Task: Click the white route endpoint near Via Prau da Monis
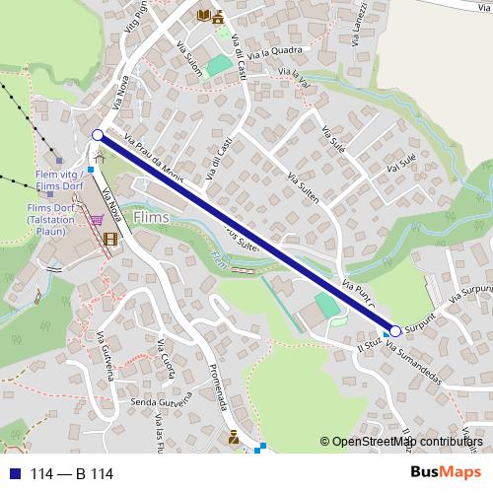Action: [x=98, y=135]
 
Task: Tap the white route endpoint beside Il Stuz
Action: [x=395, y=331]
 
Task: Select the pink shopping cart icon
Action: [x=97, y=220]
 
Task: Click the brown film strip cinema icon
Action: [x=109, y=239]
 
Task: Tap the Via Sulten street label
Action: [x=303, y=184]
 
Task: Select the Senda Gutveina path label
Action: [x=159, y=404]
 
